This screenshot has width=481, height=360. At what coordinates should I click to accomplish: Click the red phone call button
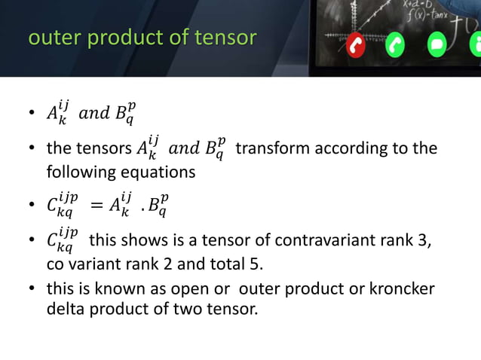click(356, 46)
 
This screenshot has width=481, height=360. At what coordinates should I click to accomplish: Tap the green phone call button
click(396, 46)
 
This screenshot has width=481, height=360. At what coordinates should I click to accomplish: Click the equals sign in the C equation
click(97, 203)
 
